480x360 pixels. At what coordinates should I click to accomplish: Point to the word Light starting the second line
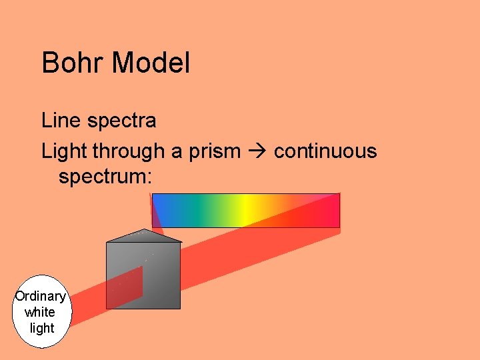pyautogui.click(x=64, y=151)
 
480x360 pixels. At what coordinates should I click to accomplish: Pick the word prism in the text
pyautogui.click(x=213, y=152)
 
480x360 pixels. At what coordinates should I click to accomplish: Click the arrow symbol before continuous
pyautogui.click(x=257, y=152)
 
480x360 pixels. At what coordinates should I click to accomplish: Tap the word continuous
pyautogui.click(x=325, y=151)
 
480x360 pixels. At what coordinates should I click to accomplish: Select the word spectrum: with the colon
pyautogui.click(x=105, y=177)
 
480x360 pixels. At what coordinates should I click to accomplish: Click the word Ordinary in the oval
pyautogui.click(x=41, y=297)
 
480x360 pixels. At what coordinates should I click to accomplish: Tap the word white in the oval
pyautogui.click(x=40, y=312)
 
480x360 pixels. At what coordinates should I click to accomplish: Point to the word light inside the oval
pyautogui.click(x=42, y=327)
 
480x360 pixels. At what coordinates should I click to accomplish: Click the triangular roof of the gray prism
pyautogui.click(x=144, y=235)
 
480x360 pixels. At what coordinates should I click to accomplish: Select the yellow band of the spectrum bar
pyautogui.click(x=247, y=210)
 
